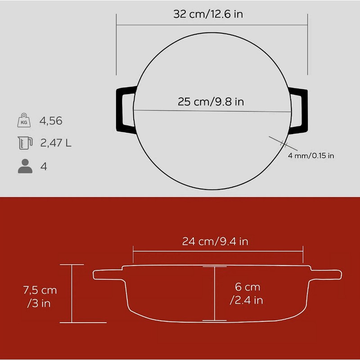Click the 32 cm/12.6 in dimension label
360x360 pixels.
(x=208, y=14)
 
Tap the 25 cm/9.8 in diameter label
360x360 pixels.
(x=211, y=102)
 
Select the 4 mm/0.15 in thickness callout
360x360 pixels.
(x=311, y=156)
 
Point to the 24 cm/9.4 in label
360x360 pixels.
(x=215, y=242)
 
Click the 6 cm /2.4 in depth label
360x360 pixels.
(x=247, y=293)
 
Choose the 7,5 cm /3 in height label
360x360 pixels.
(x=40, y=297)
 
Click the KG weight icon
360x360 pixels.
(x=24, y=120)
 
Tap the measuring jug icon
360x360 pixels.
(x=25, y=143)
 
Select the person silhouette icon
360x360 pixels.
(x=25, y=166)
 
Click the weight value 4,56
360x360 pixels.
(x=51, y=121)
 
